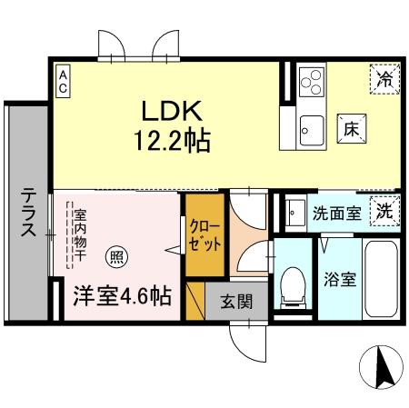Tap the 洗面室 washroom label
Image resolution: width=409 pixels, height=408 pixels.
(336, 214)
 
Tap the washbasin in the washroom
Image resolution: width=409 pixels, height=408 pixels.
(295, 214)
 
